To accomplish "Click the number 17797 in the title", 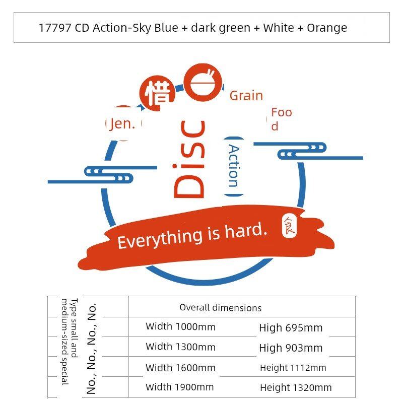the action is point(55,28).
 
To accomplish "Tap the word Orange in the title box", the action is point(327,28).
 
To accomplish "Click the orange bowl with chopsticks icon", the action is point(203,82).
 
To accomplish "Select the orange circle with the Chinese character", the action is point(157,93).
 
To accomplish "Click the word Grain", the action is point(246,96).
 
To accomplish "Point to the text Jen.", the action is point(122,124).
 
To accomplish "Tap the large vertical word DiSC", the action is point(189,159).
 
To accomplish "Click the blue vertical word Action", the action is point(234,166).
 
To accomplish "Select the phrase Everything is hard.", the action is point(192,235).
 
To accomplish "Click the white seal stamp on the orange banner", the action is point(289,226).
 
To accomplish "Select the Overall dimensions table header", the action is point(221,308).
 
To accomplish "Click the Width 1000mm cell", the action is point(180,326).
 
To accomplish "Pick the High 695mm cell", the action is point(291,328).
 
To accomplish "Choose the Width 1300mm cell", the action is point(180,347).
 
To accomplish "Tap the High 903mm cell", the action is point(291,348).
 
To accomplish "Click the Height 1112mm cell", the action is point(293,368).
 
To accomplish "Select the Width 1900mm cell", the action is point(180,387).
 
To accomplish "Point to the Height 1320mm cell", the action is point(296,387).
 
